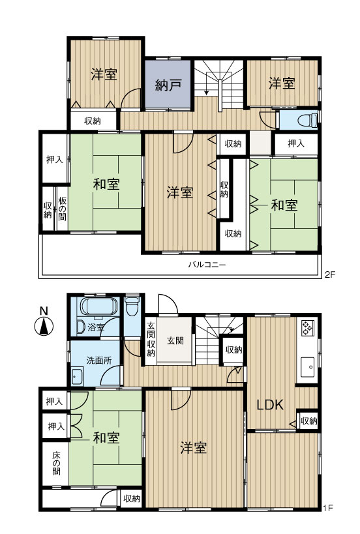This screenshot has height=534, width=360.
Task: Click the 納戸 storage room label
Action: (x=168, y=85)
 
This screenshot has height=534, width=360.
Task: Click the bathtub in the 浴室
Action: (x=97, y=307)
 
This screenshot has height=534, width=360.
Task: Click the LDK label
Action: (x=269, y=404)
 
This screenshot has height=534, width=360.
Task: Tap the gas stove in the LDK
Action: (x=307, y=329)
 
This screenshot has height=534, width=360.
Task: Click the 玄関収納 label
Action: (x=151, y=340)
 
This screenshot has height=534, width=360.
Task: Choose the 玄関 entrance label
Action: (x=175, y=340)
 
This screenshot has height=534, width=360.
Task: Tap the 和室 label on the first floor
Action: (x=106, y=438)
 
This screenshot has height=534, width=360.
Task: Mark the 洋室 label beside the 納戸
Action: (x=104, y=74)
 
